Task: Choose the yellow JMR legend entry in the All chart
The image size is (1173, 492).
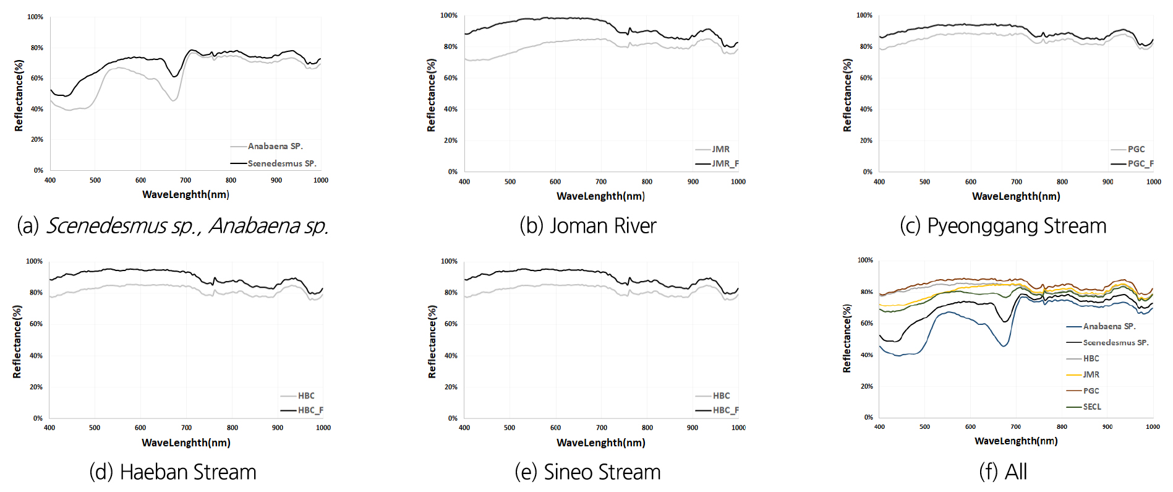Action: point(1091,374)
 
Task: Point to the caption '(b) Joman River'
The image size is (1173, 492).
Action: point(587,226)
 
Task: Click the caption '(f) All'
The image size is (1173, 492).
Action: point(1002,472)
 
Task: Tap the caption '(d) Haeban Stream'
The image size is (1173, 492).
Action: point(173,472)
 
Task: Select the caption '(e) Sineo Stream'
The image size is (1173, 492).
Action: point(587,472)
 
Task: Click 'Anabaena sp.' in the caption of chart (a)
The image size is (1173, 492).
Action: point(268,226)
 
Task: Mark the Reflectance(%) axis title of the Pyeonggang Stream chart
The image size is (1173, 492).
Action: point(847,95)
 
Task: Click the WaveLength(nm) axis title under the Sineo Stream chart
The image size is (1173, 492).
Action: point(600,442)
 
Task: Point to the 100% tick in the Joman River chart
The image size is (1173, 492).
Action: point(449,15)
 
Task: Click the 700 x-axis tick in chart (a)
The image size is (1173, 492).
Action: point(186,180)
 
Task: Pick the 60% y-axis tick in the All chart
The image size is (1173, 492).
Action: point(866,323)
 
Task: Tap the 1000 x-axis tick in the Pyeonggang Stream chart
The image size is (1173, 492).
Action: point(1153,182)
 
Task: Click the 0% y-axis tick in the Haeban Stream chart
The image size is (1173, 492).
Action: point(38,418)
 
